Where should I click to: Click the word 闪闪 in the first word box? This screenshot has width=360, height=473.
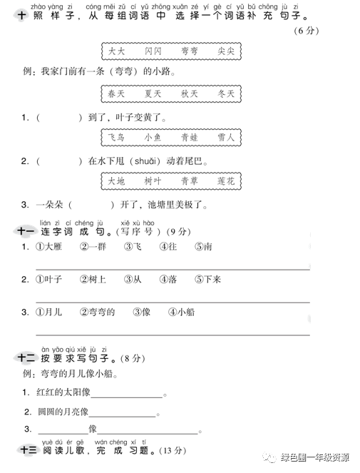point(153,51)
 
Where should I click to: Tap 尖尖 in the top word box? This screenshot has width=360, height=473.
point(226,51)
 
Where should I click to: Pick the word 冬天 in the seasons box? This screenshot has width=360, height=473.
point(226,93)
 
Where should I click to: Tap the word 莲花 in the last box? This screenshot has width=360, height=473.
point(226,181)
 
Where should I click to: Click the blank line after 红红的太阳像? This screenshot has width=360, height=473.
point(126,395)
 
